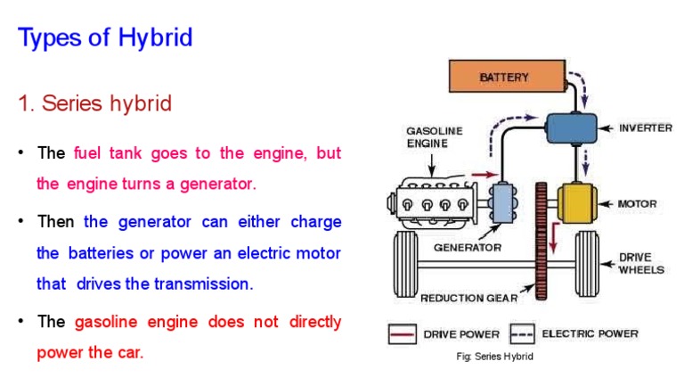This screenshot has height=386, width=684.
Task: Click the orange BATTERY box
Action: coord(503,78)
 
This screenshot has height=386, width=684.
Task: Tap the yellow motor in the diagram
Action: coord(582,204)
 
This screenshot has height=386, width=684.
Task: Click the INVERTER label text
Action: coord(646,128)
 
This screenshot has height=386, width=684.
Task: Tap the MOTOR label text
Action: coord(638,204)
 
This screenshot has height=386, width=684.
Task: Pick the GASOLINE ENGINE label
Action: coord(435,136)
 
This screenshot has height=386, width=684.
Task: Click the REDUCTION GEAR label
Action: coord(468,299)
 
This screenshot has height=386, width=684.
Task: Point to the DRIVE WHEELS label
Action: coord(641,263)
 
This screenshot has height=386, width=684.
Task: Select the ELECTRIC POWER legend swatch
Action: coord(521,334)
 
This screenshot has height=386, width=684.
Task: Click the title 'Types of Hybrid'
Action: coord(105,38)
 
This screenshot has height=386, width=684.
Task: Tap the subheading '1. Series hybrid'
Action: coord(94,103)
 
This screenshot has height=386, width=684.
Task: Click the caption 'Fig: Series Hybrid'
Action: coord(493,357)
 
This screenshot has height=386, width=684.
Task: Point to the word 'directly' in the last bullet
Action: coord(311,322)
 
